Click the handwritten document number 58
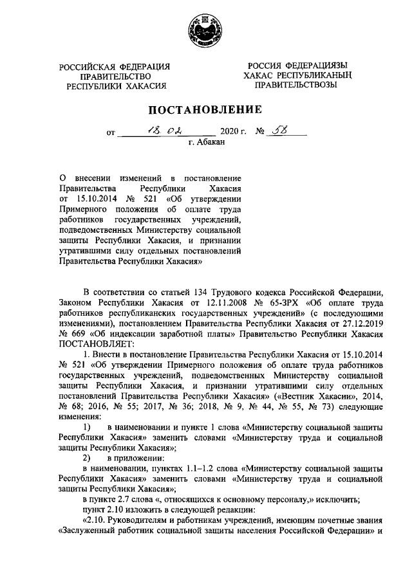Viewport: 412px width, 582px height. coord(283,132)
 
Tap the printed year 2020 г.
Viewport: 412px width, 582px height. coord(234,134)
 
